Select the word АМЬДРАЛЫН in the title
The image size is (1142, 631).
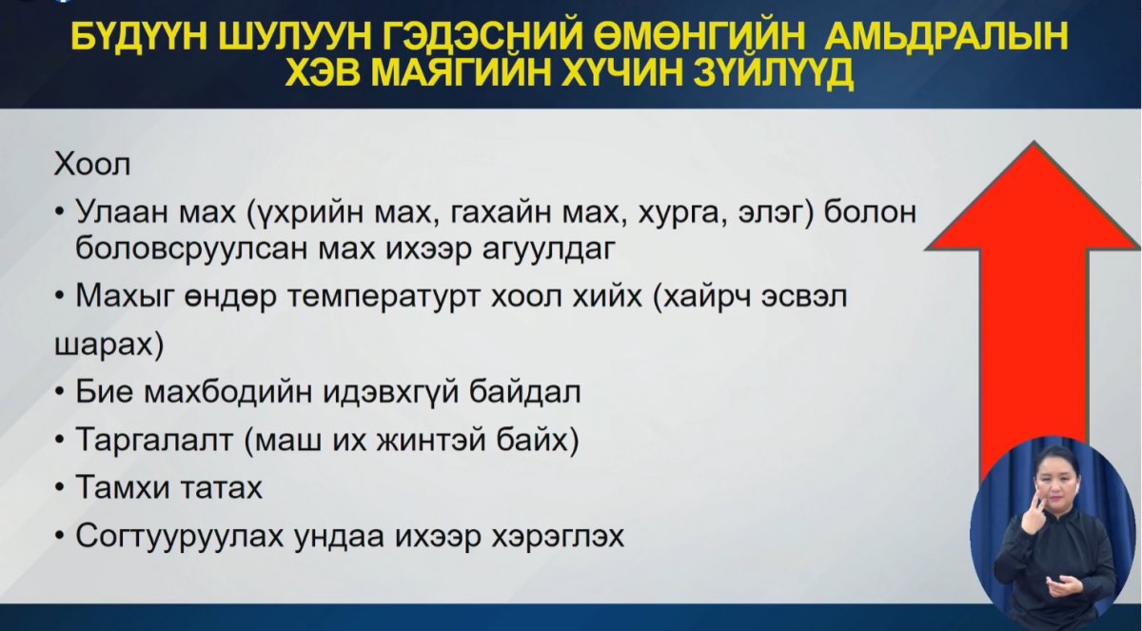click(x=946, y=37)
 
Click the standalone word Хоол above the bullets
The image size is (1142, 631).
click(x=92, y=165)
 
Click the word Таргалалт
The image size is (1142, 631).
click(x=154, y=441)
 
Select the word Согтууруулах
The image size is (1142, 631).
click(x=180, y=536)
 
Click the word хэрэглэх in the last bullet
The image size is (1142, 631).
click(x=558, y=536)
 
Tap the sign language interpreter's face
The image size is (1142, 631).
click(x=1050, y=482)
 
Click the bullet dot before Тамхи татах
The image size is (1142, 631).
click(x=60, y=488)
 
